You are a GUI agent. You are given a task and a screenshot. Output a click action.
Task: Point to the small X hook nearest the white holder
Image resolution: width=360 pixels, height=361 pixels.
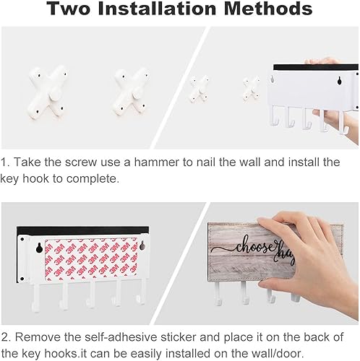tap(250, 90)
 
